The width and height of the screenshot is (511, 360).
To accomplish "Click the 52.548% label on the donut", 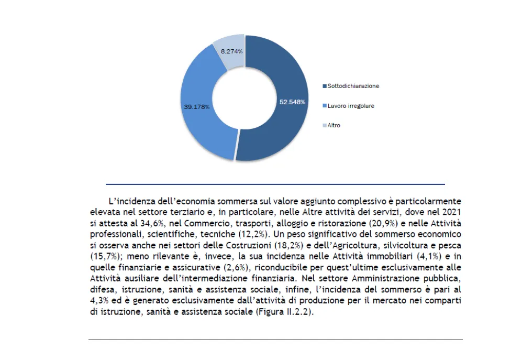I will pyautogui.click(x=293, y=102).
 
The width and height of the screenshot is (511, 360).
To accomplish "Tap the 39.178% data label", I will pyautogui.click(x=196, y=106).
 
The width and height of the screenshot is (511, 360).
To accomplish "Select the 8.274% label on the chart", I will pyautogui.click(x=231, y=51).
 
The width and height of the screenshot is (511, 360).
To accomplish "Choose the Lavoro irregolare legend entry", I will pyautogui.click(x=350, y=105).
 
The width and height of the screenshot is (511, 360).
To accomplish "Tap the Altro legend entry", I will pyautogui.click(x=334, y=125).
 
